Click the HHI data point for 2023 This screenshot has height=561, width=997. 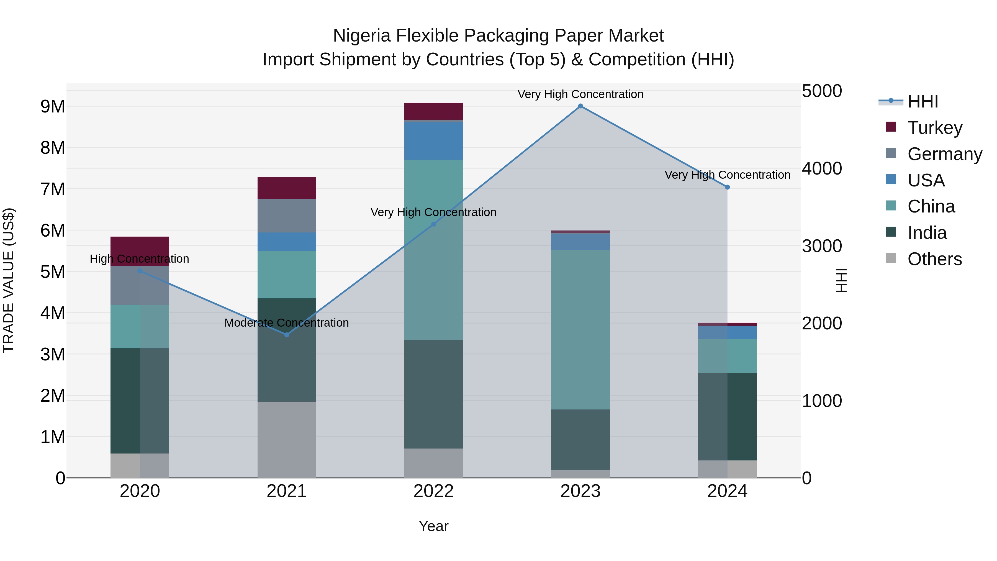tap(580, 106)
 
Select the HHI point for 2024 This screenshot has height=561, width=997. tap(727, 187)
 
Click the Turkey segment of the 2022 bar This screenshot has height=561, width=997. tap(433, 111)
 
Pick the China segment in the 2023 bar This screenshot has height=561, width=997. tap(580, 329)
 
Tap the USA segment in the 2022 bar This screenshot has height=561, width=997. tap(433, 141)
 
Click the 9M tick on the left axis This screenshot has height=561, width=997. tap(53, 106)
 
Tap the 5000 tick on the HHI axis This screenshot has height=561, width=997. tap(822, 91)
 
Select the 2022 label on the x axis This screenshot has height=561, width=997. tap(433, 491)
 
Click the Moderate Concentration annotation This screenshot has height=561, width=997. tap(286, 322)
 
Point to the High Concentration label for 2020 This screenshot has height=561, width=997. tap(139, 259)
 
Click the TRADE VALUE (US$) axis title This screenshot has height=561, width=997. tap(9, 280)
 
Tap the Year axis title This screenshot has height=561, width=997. tap(433, 526)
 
